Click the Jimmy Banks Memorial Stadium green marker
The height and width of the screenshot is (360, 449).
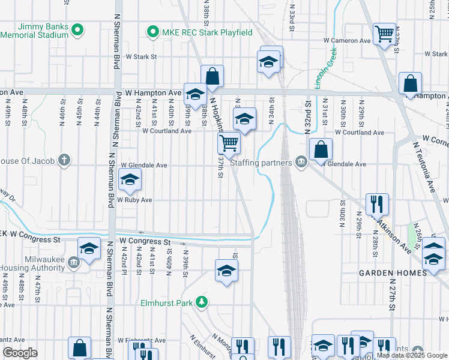click(x=77, y=29)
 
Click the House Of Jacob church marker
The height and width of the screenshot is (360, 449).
click(x=64, y=160)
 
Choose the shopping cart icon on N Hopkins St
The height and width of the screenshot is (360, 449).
click(x=229, y=143)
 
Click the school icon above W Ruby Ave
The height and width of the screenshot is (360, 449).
click(x=130, y=179)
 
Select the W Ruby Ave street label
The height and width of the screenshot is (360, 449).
click(x=134, y=200)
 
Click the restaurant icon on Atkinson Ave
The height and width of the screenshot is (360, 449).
click(x=378, y=203)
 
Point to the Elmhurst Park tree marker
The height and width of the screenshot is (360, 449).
click(x=203, y=302)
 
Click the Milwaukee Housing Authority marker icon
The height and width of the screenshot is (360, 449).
click(x=73, y=262)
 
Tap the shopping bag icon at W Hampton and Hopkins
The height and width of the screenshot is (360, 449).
click(x=212, y=76)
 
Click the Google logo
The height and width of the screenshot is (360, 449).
click(x=20, y=353)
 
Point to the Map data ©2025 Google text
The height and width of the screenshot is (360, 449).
click(x=411, y=355)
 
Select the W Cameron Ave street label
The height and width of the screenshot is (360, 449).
click(x=348, y=41)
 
